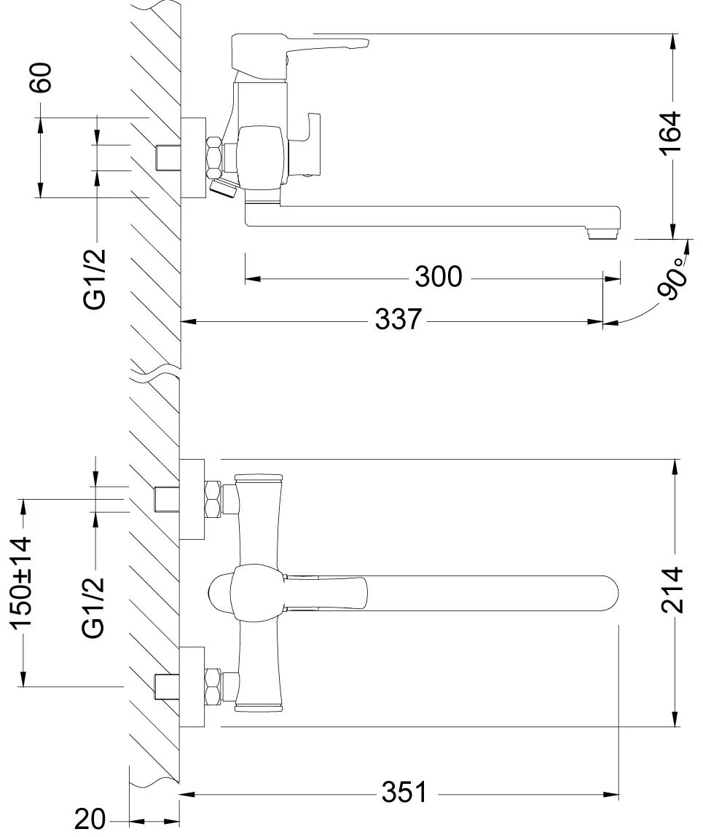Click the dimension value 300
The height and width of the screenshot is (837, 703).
click(438, 277)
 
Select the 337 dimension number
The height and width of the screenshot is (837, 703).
click(398, 319)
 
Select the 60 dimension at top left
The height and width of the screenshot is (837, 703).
click(42, 78)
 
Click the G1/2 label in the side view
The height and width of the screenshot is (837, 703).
click(95, 278)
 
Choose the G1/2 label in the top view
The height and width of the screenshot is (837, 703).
click(95, 607)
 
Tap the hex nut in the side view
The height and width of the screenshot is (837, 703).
click(213, 158)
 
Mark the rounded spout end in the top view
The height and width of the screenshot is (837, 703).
click(608, 592)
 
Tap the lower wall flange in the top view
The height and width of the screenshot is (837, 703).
click(192, 686)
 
